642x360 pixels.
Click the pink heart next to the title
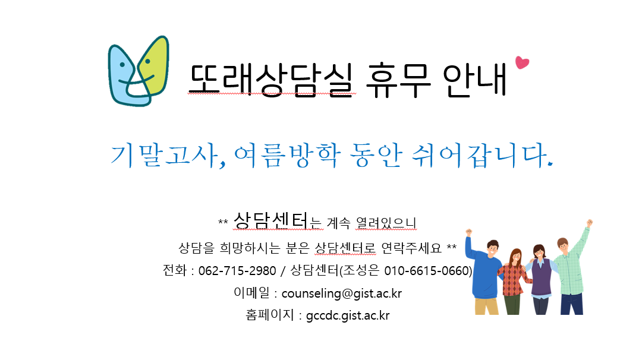pos(522,62)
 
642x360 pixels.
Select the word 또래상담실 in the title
pos(272,80)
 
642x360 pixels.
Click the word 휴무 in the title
pos(398,80)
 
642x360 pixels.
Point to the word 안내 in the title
pos(474,80)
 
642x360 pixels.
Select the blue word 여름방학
pos(287,156)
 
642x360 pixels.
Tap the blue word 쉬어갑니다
pos(482,156)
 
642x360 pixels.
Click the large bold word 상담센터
pos(270,220)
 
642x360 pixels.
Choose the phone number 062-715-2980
pos(237,271)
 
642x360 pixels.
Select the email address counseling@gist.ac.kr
pos(341,293)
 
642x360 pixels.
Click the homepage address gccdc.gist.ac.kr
pos(348,316)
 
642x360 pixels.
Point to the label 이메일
pos(251,293)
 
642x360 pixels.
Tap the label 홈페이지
pos(270,315)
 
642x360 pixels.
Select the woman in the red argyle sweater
pos(514,282)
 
